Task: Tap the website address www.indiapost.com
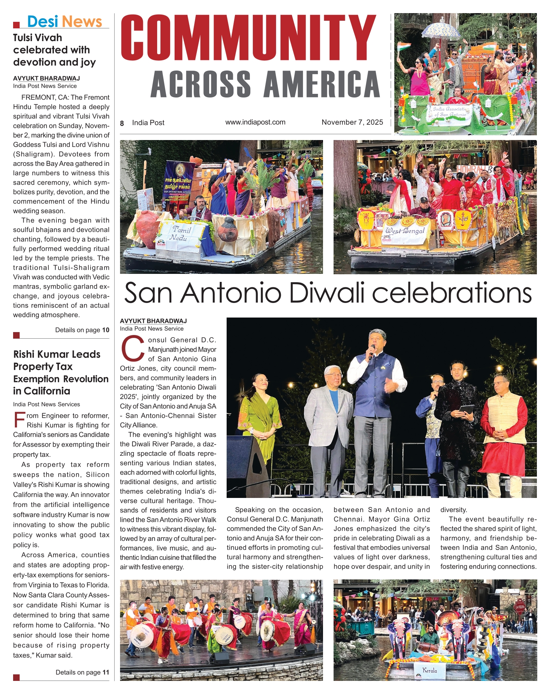pos(255,122)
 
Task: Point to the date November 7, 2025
pos(352,122)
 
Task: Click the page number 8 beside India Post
pos(122,123)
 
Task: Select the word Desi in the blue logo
pos(43,21)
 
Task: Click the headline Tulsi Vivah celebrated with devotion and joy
pos(54,50)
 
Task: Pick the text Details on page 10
pos(82,330)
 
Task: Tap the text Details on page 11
pos(82,672)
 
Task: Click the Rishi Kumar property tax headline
pos(60,372)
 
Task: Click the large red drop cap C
pos(132,349)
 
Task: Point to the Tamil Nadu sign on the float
pos(181,234)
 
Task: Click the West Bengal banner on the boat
pos(405,231)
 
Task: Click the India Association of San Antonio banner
pos(449,112)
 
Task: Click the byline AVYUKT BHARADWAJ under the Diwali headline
pos(153,321)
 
